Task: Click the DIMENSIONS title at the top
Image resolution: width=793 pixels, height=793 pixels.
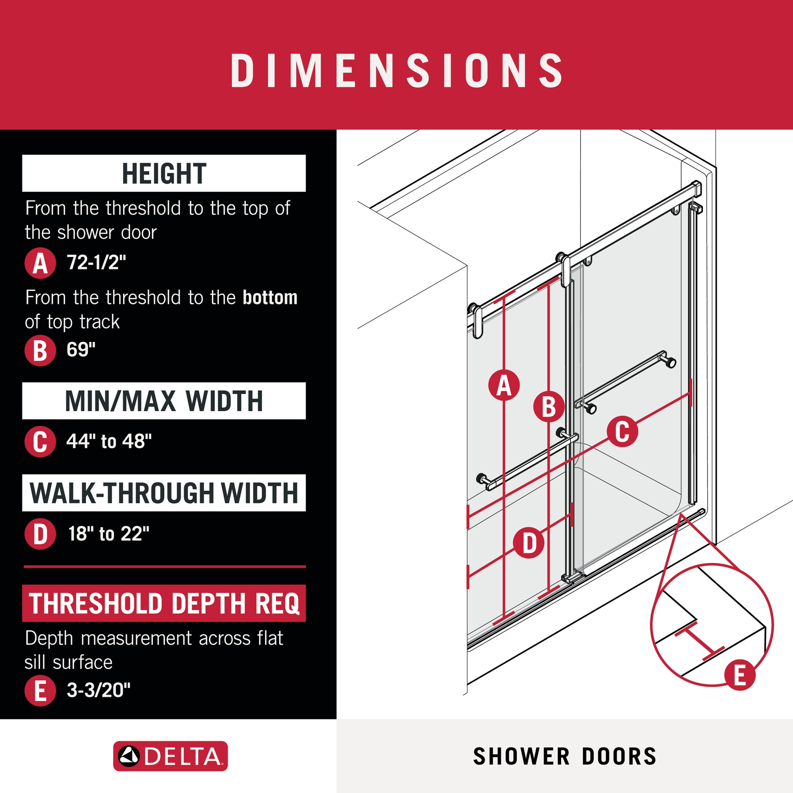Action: pos(396,70)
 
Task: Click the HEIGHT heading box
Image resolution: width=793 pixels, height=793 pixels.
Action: pos(164,173)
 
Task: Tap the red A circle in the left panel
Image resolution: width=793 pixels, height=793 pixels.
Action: pos(40,263)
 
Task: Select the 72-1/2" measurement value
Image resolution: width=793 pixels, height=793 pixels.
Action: pos(97,262)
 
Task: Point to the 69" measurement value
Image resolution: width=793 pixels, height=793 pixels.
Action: pos(81,349)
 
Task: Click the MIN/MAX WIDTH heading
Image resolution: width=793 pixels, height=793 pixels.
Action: pos(164,401)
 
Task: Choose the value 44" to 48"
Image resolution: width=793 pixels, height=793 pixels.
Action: pos(109,441)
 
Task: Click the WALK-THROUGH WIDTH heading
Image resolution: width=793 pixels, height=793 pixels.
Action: pos(164,493)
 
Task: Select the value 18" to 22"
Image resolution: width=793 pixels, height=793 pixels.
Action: pos(108,533)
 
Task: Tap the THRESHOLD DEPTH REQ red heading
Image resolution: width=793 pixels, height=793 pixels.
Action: pos(164,603)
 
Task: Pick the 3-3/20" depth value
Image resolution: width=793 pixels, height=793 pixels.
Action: pos(99,690)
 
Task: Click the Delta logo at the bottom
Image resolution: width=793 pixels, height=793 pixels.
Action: pos(170,756)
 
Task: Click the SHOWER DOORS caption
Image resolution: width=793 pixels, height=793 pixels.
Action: pos(565,756)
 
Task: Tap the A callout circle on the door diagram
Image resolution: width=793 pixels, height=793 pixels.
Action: pos(504,385)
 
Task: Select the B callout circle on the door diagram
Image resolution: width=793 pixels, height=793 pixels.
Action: pos(549,407)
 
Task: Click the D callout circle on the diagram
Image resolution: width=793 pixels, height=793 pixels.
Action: pos(529,544)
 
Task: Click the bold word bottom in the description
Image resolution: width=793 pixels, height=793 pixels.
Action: pos(270,297)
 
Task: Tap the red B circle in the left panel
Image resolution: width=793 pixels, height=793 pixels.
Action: pos(40,350)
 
